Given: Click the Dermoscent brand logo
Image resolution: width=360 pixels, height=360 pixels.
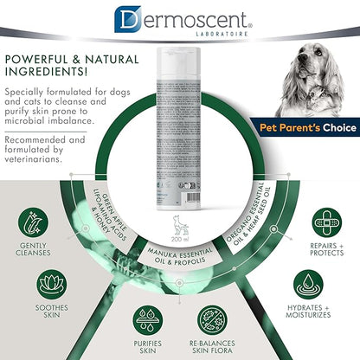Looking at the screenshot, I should (x=179, y=17).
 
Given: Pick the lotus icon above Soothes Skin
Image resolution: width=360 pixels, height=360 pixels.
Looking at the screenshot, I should (x=48, y=286).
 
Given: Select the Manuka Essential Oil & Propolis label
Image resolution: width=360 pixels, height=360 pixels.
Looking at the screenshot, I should (x=179, y=260).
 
